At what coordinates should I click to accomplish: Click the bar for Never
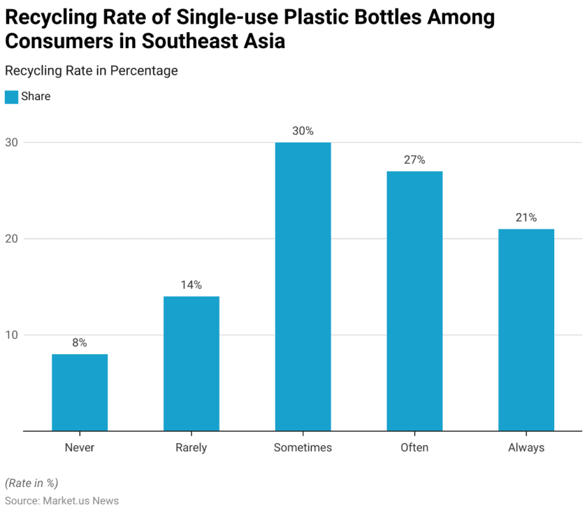[80, 392]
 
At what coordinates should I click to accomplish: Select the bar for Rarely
[191, 363]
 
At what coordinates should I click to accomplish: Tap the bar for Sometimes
[303, 287]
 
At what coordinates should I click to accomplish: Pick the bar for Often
[414, 301]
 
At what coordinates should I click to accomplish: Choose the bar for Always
[526, 330]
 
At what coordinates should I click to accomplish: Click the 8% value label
[80, 342]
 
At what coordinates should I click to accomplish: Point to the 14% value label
[191, 284]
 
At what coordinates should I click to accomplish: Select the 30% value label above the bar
[303, 131]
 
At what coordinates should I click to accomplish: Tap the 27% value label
[414, 159]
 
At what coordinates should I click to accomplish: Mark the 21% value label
[526, 217]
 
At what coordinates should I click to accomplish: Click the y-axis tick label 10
[12, 335]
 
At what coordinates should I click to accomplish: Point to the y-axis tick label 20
[12, 238]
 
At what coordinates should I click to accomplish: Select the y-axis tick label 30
[12, 143]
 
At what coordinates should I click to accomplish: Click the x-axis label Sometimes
[303, 447]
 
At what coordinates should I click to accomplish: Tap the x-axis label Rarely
[191, 447]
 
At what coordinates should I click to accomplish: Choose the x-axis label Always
[526, 447]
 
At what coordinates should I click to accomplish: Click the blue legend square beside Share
[11, 97]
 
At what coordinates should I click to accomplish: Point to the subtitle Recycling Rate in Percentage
[92, 71]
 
